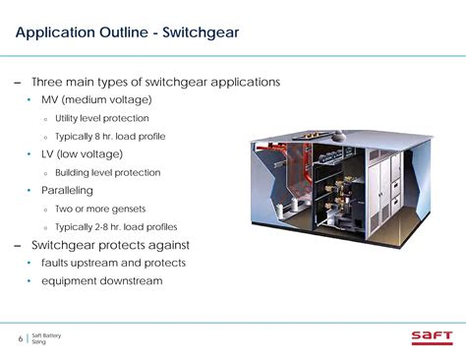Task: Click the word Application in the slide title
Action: pyautogui.click(x=54, y=34)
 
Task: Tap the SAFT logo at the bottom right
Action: pyautogui.click(x=433, y=338)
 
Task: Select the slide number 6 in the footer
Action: pyautogui.click(x=21, y=339)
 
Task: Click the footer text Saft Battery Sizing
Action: pyautogui.click(x=46, y=339)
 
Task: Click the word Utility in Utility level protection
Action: pyautogui.click(x=69, y=118)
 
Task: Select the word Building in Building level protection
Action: pyautogui.click(x=75, y=173)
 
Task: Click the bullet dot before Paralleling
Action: pyautogui.click(x=29, y=191)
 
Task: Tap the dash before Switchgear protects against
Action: pyautogui.click(x=17, y=245)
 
